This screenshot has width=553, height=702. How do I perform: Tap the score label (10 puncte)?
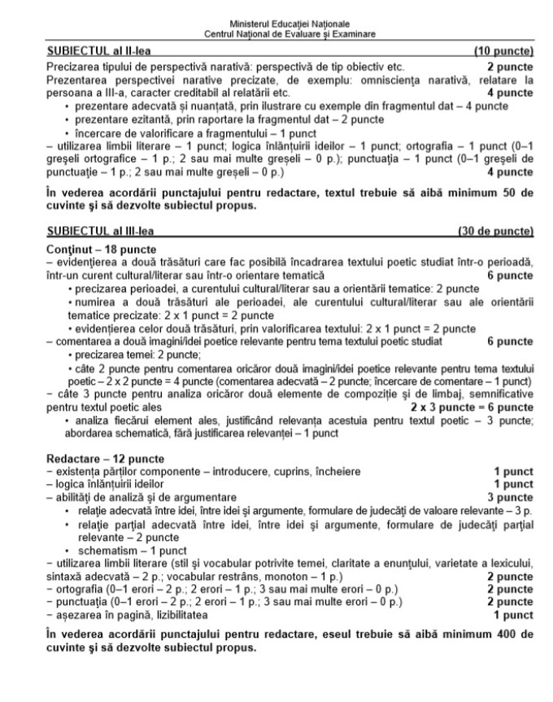503,51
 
